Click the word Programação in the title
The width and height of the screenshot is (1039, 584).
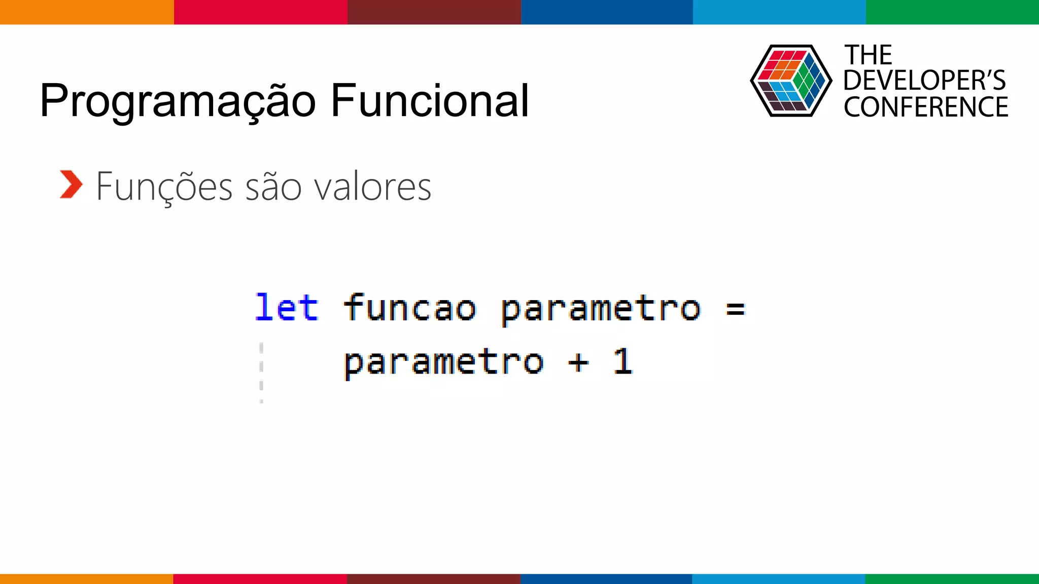click(178, 101)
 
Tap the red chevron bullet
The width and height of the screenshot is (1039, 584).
click(71, 185)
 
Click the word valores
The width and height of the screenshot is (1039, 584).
click(373, 187)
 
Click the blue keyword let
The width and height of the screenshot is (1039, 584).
click(287, 308)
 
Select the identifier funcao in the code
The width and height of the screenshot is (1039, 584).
click(410, 308)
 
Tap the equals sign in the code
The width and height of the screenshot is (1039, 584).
click(735, 309)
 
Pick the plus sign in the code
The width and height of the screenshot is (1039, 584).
click(578, 362)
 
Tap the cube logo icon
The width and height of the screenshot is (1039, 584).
click(790, 81)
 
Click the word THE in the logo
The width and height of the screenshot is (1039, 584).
click(868, 55)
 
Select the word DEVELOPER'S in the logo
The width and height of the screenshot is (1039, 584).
click(924, 81)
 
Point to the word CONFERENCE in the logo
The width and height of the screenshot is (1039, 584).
click(926, 107)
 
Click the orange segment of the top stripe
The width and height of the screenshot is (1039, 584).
click(87, 12)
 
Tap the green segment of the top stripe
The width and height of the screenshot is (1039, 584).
click(952, 12)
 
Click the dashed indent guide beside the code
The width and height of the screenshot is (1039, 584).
click(261, 373)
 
